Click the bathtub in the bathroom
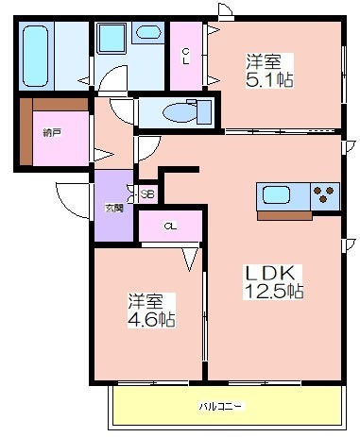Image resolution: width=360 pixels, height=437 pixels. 35,56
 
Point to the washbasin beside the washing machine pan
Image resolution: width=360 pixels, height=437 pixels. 148,32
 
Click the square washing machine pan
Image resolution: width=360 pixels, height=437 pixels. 111,38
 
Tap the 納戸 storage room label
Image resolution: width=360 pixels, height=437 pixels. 52,133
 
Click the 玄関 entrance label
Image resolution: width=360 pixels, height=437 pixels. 113,208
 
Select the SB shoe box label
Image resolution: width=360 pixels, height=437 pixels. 147,194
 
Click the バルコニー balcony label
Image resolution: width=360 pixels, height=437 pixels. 221,406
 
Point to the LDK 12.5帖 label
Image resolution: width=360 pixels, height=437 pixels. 273,282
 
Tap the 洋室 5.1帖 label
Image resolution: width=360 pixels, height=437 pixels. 269,71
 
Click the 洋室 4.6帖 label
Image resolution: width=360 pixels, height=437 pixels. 151,311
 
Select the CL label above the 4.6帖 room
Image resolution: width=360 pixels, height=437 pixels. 170,226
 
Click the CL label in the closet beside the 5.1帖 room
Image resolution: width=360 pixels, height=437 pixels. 186,56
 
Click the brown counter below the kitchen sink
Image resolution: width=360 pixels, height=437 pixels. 284,215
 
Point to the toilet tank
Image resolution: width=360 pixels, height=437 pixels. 204,112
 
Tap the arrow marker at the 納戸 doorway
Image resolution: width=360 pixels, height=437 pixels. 104,155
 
